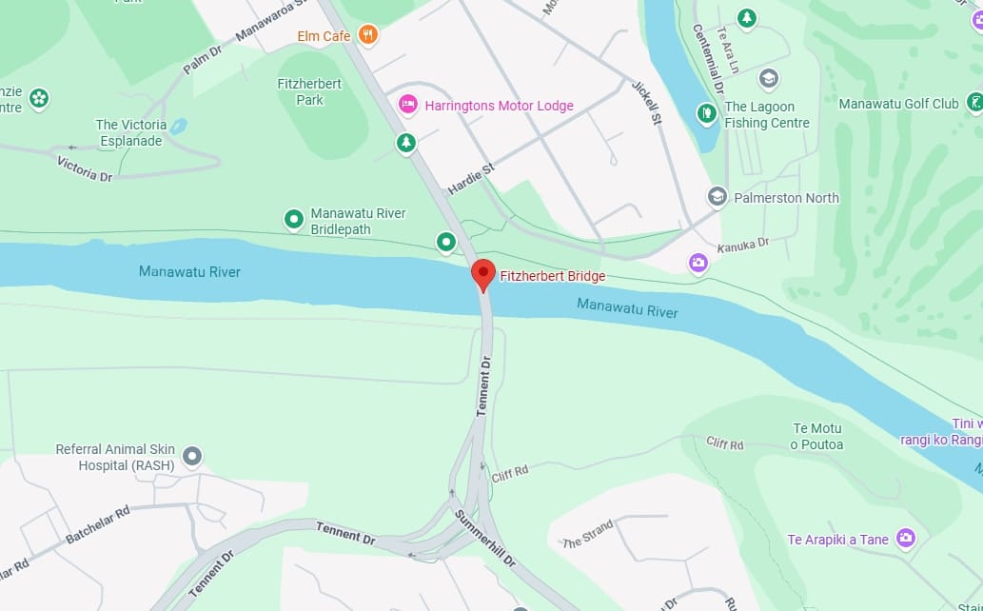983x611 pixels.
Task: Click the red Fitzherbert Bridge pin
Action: click(483, 273)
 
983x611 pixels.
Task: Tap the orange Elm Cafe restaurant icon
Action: click(368, 36)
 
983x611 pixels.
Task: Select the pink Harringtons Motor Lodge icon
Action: click(408, 105)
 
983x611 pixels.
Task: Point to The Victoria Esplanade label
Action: click(131, 132)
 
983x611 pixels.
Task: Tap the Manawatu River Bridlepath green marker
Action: click(294, 220)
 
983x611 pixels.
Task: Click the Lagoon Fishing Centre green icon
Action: click(706, 113)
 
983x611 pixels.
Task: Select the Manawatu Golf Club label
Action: click(898, 104)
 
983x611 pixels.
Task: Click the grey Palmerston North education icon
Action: click(718, 197)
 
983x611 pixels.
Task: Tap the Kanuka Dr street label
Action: click(742, 246)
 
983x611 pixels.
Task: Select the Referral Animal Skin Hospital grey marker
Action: click(192, 457)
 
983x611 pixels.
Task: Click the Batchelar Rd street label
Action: click(97, 525)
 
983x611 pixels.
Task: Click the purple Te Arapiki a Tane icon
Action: click(906, 539)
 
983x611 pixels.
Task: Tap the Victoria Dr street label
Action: click(85, 169)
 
